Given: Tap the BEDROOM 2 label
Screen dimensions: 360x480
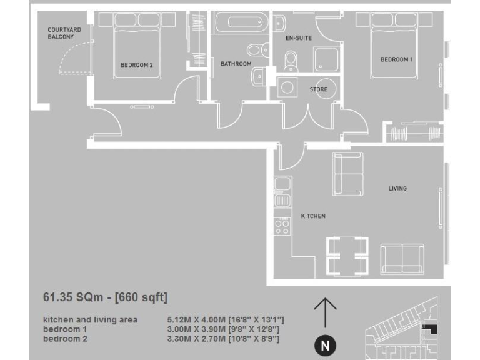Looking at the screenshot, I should [136, 64].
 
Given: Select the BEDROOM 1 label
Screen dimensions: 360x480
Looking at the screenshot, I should [396, 59].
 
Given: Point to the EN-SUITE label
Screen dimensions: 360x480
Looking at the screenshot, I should [298, 38].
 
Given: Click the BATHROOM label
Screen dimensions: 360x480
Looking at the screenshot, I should [236, 64].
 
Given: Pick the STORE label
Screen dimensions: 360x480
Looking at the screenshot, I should [318, 89].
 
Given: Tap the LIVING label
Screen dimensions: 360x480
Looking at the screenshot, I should [397, 188].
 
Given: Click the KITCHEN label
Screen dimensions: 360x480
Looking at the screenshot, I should [313, 216].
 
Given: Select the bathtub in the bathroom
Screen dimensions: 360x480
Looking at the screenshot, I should [240, 24].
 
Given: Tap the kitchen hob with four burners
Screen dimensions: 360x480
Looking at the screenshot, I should [282, 226].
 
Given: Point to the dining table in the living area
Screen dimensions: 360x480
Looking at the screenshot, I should [346, 256].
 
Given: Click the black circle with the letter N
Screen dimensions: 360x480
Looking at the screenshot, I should [324, 346].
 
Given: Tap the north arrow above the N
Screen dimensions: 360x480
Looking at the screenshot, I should [324, 312].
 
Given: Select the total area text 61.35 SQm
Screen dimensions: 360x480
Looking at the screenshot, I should [105, 297].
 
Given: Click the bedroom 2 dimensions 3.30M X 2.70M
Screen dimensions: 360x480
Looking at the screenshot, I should [224, 339].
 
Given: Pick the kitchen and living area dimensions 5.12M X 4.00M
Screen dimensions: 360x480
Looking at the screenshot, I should [226, 320].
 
